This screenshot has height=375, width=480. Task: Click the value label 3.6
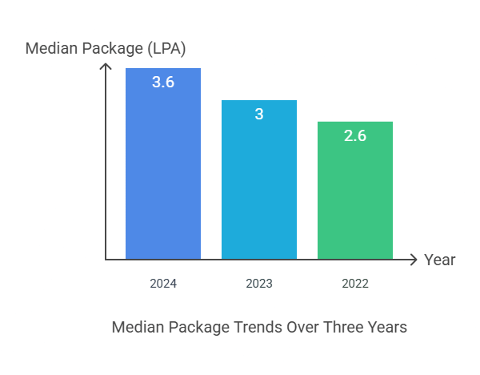(x=163, y=82)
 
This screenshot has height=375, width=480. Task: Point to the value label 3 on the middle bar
(x=259, y=114)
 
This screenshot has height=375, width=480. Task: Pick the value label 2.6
(x=355, y=135)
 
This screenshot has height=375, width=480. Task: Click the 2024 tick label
(x=163, y=284)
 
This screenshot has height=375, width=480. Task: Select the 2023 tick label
(x=259, y=284)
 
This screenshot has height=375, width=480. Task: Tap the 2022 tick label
(x=355, y=284)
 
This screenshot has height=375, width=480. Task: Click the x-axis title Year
(x=440, y=260)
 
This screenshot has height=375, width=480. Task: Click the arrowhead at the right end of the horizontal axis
(x=414, y=260)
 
